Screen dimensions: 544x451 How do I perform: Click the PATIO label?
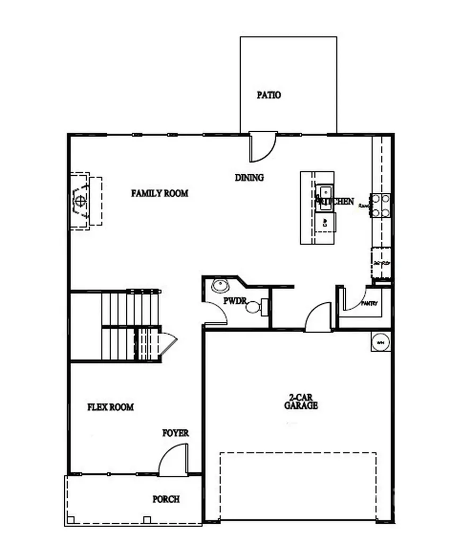click(269, 96)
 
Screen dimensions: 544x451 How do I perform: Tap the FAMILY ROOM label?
click(159, 193)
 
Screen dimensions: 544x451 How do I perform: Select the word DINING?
click(249, 177)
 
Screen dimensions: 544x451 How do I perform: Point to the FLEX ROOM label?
click(110, 407)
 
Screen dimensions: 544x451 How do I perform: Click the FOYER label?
click(175, 433)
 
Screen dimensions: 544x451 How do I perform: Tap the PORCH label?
click(166, 499)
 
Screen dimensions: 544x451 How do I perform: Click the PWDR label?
click(235, 301)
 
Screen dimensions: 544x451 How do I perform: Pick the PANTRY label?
click(369, 304)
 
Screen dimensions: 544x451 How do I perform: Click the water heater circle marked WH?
click(380, 343)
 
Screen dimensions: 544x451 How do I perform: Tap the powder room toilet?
click(255, 307)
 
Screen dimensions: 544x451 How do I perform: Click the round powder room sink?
click(219, 285)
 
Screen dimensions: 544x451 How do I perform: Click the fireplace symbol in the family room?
click(80, 201)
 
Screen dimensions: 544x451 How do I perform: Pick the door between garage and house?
click(319, 318)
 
